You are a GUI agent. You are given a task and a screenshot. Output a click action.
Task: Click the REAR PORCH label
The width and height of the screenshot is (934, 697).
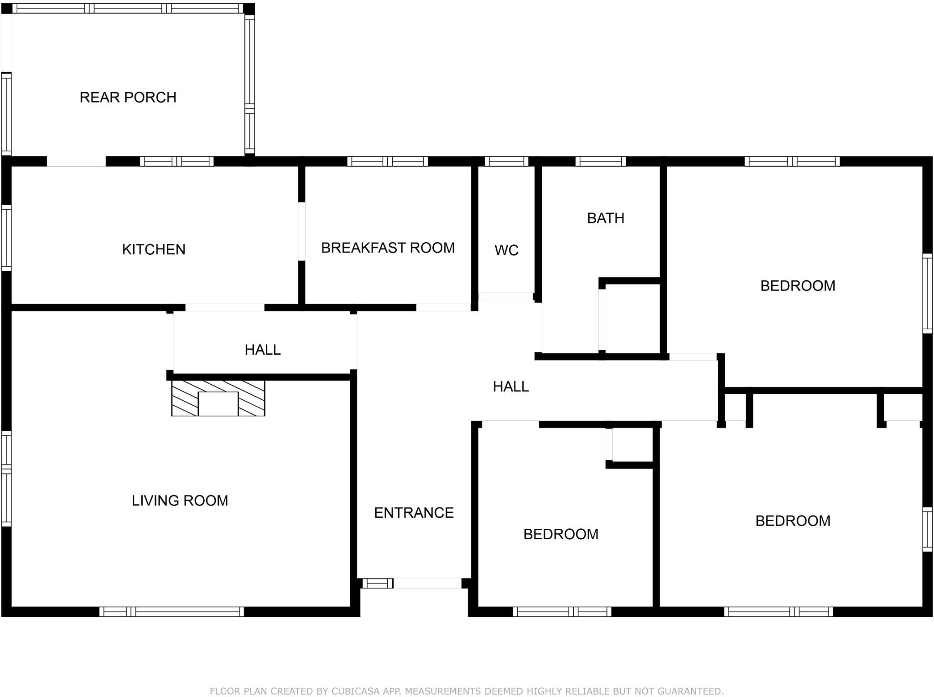point(128,97)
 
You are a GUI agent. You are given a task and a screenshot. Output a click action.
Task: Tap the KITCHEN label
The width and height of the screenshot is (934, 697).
point(154,249)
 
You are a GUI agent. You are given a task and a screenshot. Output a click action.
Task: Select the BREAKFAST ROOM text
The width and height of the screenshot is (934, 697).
point(388,248)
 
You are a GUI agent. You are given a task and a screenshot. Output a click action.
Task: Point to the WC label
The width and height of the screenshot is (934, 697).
point(506,250)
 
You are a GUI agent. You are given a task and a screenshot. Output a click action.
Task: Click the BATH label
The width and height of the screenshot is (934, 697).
point(605,218)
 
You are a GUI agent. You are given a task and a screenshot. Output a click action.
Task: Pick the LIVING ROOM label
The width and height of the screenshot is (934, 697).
point(180,501)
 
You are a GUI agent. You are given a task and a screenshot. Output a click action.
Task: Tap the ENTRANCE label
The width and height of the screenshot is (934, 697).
point(414,513)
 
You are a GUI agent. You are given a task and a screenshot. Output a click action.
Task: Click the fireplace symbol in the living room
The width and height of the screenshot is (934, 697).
point(218,398)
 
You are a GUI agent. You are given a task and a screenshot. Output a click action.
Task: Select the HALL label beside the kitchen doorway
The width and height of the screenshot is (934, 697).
point(262,350)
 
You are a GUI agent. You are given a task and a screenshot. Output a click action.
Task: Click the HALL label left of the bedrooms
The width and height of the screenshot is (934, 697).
point(510,387)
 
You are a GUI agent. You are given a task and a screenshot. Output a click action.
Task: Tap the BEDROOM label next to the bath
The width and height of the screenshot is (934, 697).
point(797,286)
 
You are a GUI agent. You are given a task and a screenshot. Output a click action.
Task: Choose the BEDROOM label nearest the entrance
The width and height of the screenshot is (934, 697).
point(560,534)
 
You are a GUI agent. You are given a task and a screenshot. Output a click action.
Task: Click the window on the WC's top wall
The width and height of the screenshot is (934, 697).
point(506,161)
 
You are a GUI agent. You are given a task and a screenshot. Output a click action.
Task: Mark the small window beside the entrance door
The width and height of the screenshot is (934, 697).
point(377,583)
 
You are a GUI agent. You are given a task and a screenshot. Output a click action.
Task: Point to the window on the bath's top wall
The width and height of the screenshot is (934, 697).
point(600,161)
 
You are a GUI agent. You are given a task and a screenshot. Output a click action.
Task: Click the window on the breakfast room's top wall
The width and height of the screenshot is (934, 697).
point(387,161)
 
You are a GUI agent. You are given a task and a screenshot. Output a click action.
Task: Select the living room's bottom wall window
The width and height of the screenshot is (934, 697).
point(171,612)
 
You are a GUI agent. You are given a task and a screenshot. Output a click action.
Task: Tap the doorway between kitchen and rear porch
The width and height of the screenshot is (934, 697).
point(76,161)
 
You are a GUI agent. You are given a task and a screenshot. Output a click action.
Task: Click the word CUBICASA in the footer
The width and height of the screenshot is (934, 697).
point(355,691)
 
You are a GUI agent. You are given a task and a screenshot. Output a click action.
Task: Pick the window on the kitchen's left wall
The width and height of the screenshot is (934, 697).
point(6,237)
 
